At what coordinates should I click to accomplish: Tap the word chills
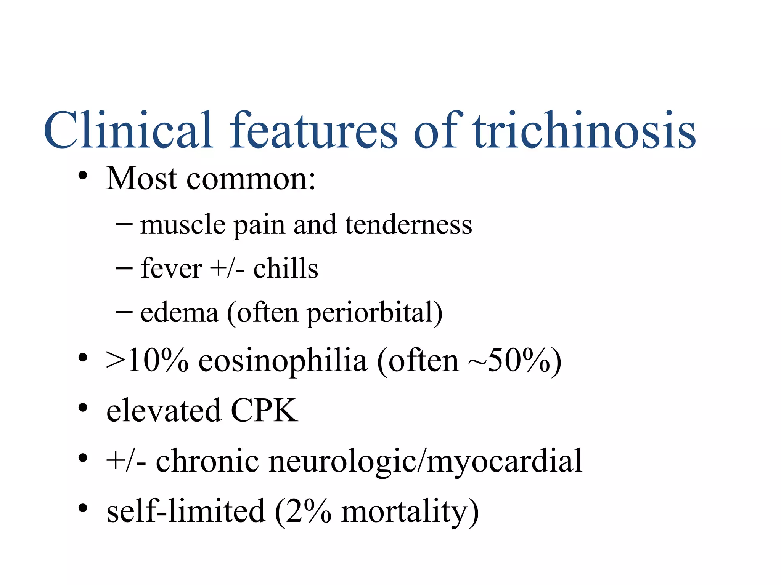286,269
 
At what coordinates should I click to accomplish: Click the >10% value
147,360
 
